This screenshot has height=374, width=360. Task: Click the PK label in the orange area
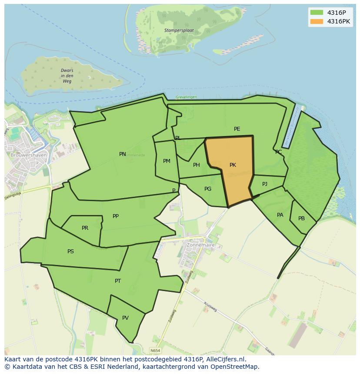coord(233,165)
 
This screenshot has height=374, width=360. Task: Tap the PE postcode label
coord(237,129)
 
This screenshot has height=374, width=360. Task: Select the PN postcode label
coord(123,154)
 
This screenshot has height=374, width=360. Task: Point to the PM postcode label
coord(167,161)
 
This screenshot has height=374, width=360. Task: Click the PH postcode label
coord(197,165)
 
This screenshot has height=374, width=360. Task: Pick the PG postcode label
coord(208,189)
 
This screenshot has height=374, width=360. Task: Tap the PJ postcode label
coord(265,184)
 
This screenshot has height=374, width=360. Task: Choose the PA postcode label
coord(280,215)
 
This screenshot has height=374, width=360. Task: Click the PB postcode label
coord(301,218)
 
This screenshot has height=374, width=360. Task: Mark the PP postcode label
coord(116,216)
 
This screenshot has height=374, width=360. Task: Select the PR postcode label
coord(85,228)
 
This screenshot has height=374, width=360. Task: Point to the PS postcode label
coord(70,252)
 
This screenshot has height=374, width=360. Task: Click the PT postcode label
coord(118,281)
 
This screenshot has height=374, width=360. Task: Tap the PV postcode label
coord(125,318)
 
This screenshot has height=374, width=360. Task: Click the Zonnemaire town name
coord(200,245)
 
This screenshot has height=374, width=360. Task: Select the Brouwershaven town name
coord(25,155)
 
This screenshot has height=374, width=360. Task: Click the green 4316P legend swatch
coord(317,13)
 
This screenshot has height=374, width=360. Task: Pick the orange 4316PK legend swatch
coord(317,21)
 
